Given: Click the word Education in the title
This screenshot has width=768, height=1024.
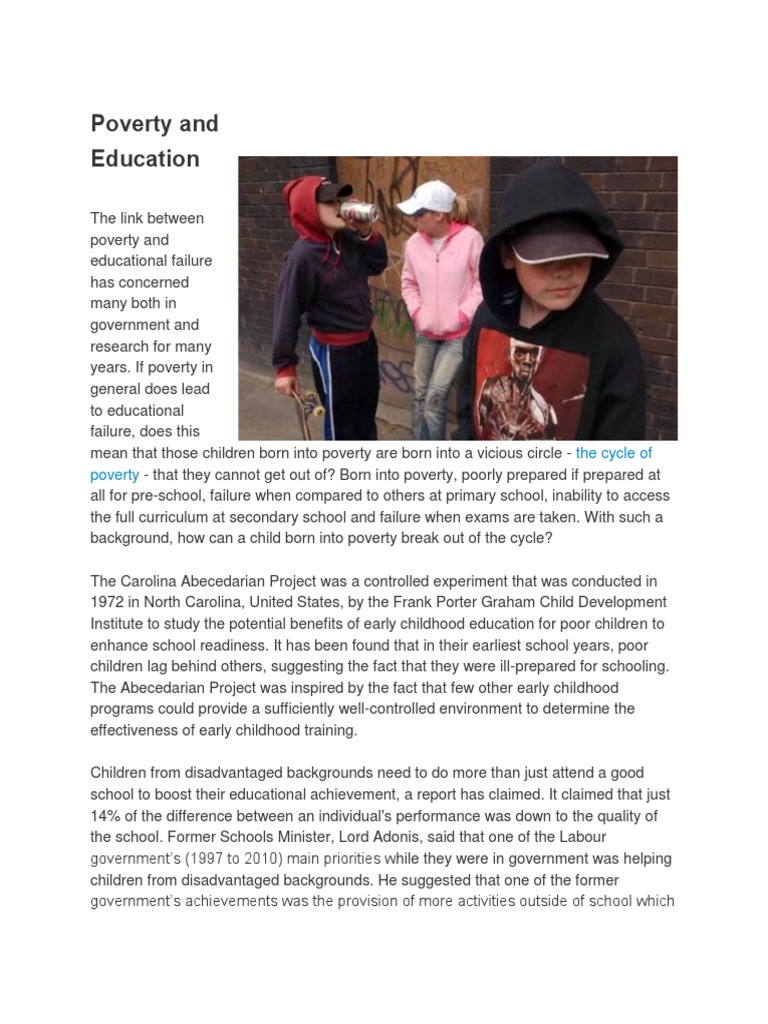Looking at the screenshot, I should (x=145, y=158).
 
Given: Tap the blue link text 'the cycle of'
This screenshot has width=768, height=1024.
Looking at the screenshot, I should (x=614, y=453).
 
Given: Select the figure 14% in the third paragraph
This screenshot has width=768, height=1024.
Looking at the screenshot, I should (x=108, y=815).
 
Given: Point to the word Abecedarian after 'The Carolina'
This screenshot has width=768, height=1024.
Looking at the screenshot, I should (x=237, y=581).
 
